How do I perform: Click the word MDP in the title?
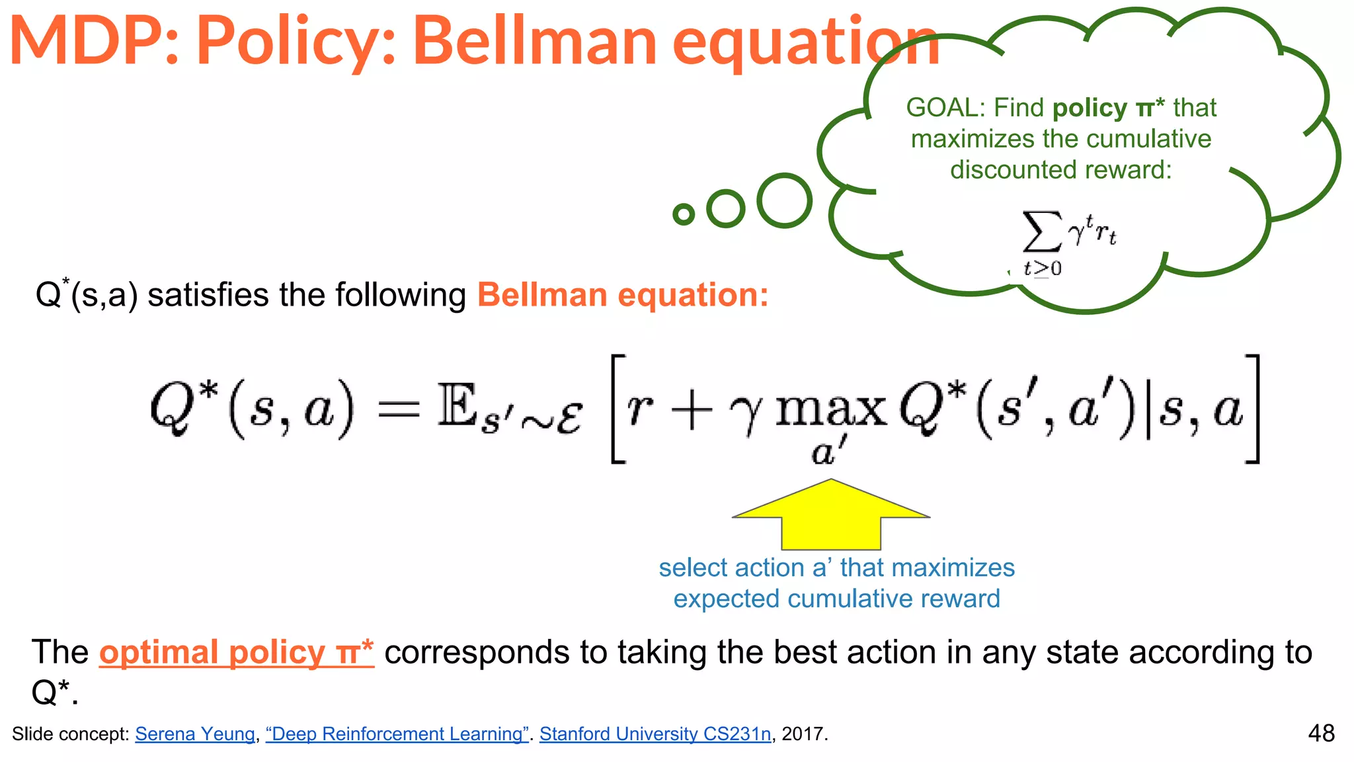pyautogui.click(x=86, y=41)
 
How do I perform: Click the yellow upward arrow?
pyautogui.click(x=831, y=519)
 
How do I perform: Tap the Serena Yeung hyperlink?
pyautogui.click(x=195, y=734)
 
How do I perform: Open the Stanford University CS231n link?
pyautogui.click(x=655, y=734)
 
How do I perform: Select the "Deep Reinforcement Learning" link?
pyautogui.click(x=397, y=734)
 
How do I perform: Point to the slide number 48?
pyautogui.click(x=1321, y=734)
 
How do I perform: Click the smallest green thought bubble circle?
pyautogui.click(x=684, y=214)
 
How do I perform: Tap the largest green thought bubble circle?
pyautogui.click(x=784, y=200)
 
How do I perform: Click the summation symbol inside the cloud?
pyautogui.click(x=1041, y=232)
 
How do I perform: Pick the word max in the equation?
pyautogui.click(x=830, y=409)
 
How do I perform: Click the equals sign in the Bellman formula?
pyautogui.click(x=398, y=409)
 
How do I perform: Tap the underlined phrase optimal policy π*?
pyautogui.click(x=236, y=653)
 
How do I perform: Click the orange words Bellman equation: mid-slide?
pyautogui.click(x=622, y=295)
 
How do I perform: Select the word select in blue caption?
pyautogui.click(x=692, y=568)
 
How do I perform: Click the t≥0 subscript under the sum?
pyautogui.click(x=1042, y=269)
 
